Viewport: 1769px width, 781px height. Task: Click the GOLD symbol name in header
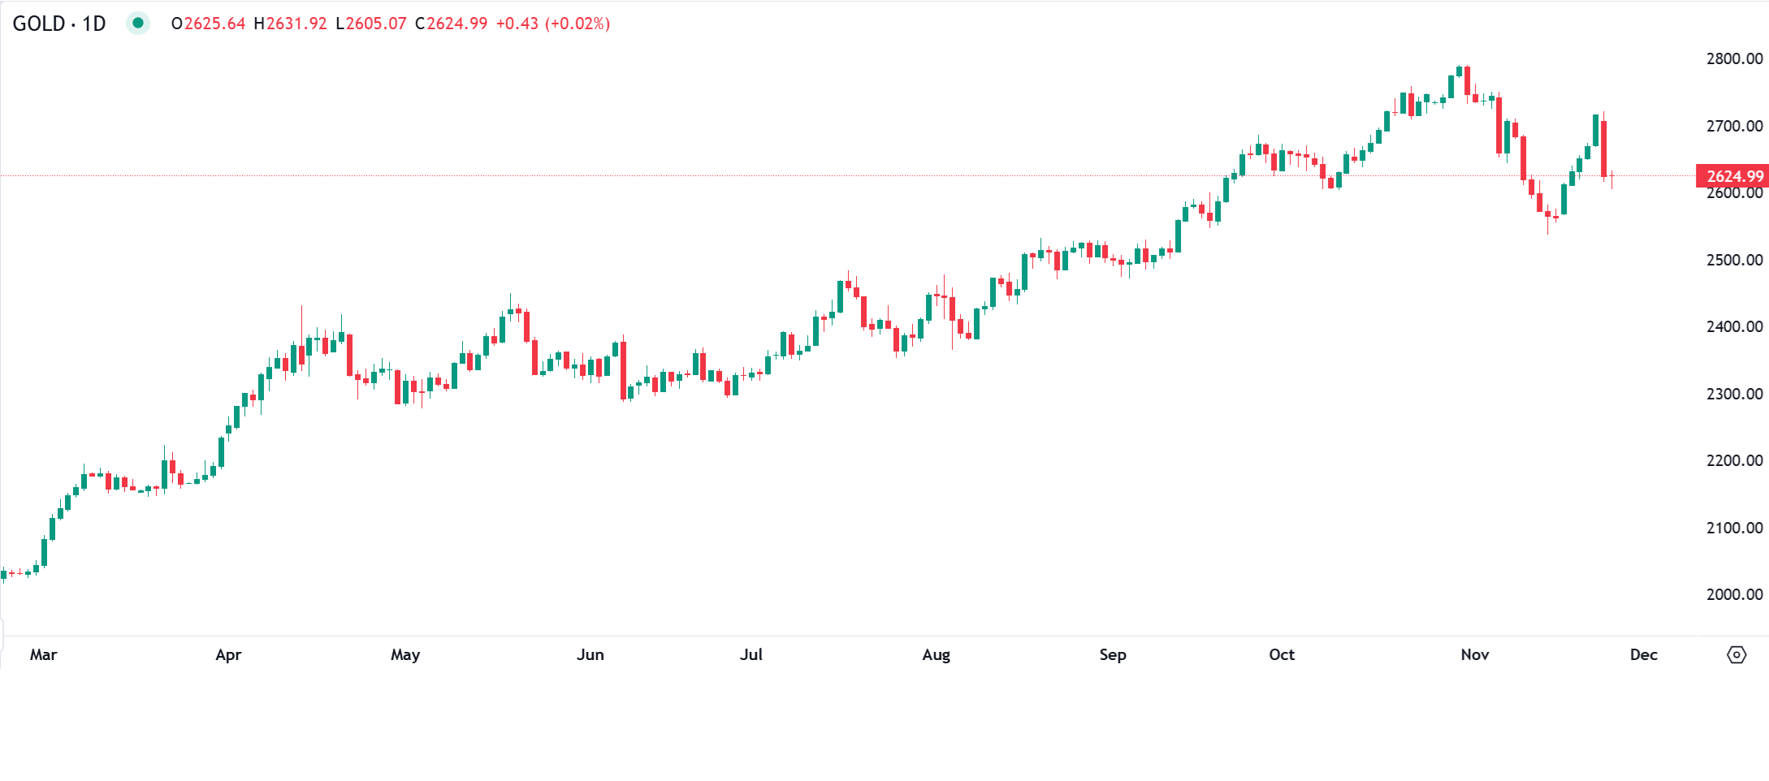tap(39, 24)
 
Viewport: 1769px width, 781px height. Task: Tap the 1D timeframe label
tap(94, 24)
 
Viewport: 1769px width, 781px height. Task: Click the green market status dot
tap(138, 24)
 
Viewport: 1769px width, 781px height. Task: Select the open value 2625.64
tap(214, 24)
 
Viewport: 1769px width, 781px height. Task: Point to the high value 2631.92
tap(296, 24)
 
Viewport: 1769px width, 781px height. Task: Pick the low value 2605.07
tap(376, 24)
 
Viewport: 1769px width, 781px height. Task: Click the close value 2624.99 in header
tap(457, 24)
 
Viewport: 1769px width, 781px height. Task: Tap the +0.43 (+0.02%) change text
tap(552, 24)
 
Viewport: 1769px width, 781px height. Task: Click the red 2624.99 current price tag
tap(1733, 176)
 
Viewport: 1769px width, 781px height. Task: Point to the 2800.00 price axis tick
tap(1734, 58)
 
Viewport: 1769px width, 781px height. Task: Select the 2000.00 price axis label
tap(1734, 594)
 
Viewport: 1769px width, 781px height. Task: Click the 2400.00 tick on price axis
tap(1734, 326)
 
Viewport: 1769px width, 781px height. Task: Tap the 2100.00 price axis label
tap(1734, 528)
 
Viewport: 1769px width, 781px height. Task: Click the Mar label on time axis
tap(43, 654)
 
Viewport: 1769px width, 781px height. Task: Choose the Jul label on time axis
tap(751, 654)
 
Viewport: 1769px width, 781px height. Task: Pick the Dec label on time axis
tap(1643, 654)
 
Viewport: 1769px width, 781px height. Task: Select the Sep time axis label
tap(1113, 654)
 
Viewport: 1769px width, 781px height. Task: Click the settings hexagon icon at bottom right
tap(1737, 654)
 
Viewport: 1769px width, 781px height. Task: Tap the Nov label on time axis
tap(1475, 654)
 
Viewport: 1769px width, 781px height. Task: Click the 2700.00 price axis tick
tap(1734, 126)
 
